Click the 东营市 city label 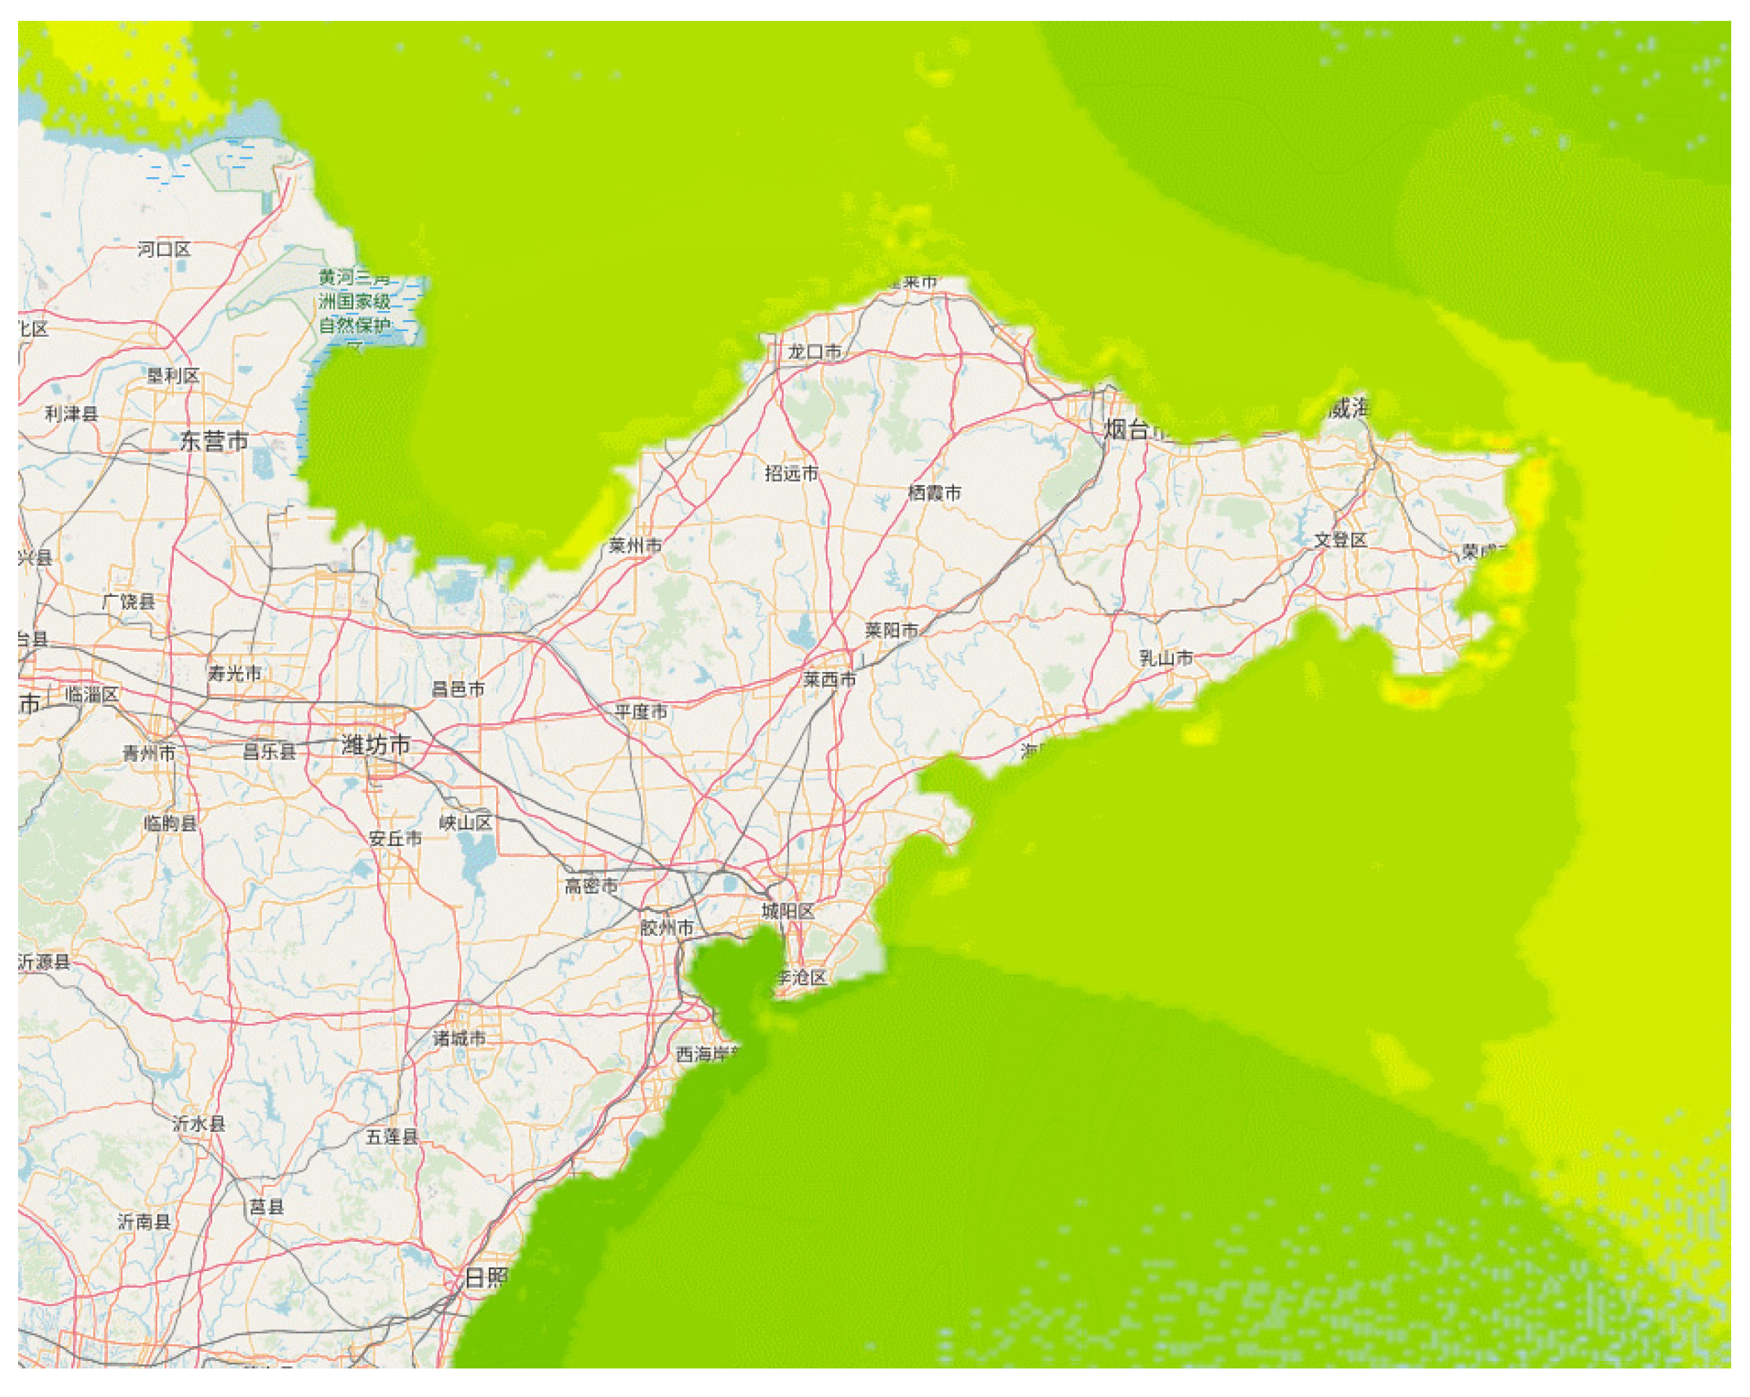coord(214,442)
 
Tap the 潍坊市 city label coord(376,744)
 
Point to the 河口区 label coord(164,249)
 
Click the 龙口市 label coord(815,351)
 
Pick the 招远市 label coord(791,472)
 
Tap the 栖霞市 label coord(934,493)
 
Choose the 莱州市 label coord(635,545)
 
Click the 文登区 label coord(1340,540)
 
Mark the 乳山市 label coord(1166,657)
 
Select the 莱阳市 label coord(891,630)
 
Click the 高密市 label coord(591,886)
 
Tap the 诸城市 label coord(459,1037)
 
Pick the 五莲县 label coord(392,1136)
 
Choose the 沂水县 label coord(199,1124)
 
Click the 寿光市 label coord(234,673)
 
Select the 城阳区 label coord(788,911)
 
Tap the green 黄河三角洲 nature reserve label coord(355,301)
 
